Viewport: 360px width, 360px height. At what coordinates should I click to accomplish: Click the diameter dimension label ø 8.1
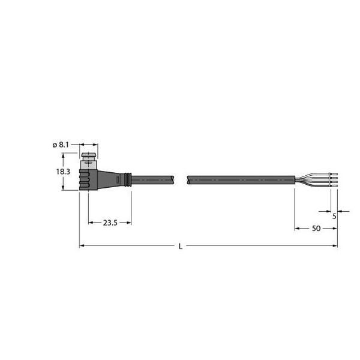pos(62,145)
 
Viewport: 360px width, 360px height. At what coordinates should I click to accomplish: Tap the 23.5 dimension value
pos(110,223)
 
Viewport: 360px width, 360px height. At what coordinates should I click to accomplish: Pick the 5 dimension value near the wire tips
pos(334,217)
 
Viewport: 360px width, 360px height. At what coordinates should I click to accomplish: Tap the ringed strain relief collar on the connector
pos(125,179)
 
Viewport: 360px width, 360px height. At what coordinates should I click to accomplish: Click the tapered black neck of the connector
pos(110,178)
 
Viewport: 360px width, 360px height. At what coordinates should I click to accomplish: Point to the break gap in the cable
pos(182,179)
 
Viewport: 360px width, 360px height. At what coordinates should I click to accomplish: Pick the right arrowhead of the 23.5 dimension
pos(129,223)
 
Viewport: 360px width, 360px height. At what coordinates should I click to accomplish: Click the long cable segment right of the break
pos(240,179)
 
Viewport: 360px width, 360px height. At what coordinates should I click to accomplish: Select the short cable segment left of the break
pos(153,179)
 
